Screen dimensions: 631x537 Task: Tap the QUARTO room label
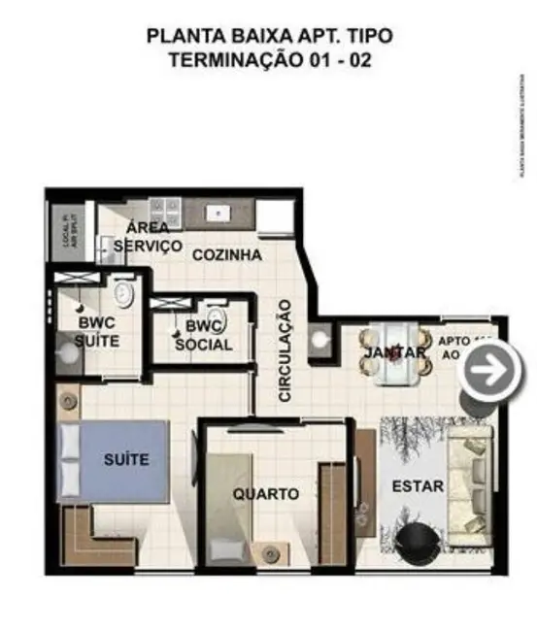265,494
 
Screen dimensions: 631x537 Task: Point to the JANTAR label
394,353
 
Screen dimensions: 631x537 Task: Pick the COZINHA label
226,255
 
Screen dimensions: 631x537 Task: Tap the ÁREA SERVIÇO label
149,238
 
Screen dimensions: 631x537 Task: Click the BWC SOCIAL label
204,336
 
